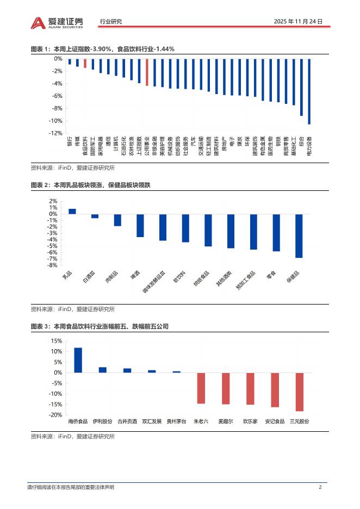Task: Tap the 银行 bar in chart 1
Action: click(70, 61)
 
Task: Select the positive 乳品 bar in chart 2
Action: click(72, 212)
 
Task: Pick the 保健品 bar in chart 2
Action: click(299, 235)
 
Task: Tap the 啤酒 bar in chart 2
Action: click(140, 225)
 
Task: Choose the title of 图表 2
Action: click(90, 185)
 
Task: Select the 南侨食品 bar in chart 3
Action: click(78, 360)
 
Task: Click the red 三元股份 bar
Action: click(299, 392)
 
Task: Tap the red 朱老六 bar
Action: click(201, 388)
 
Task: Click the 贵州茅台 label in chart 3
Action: click(176, 421)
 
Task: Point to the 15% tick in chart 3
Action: click(55, 341)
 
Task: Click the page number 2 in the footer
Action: click(320, 487)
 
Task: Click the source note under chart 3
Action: click(73, 437)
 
